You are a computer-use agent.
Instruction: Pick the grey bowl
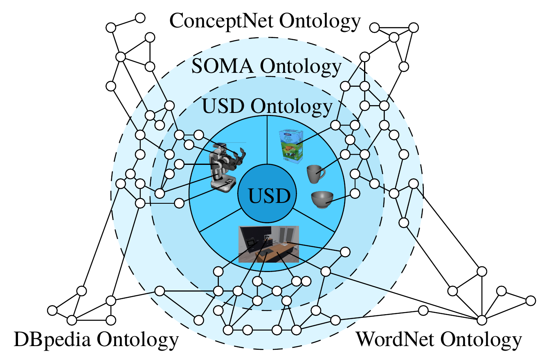click(322, 200)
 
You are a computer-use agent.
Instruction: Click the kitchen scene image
click(269, 244)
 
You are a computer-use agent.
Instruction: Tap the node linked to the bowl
click(355, 192)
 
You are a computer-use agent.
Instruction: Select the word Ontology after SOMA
click(301, 66)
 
